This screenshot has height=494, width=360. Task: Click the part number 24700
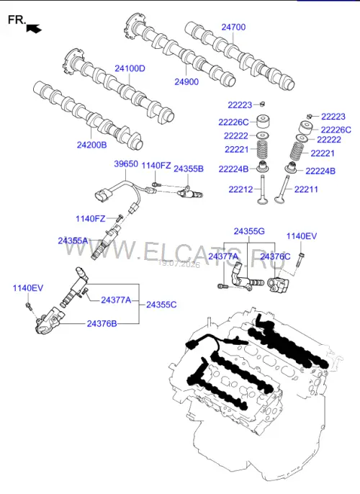[x=233, y=27]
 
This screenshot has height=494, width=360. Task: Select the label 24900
[x=186, y=82]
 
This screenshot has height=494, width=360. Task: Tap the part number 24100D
[x=130, y=68]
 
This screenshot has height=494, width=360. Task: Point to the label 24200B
[x=92, y=145]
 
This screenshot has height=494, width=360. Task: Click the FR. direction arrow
[x=34, y=28]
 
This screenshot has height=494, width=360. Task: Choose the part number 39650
[x=126, y=164]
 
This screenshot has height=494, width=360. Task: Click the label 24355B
[x=189, y=169]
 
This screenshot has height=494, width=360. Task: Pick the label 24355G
[x=249, y=232]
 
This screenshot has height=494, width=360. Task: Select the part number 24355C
[x=161, y=305]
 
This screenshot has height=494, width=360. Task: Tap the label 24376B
[x=102, y=324]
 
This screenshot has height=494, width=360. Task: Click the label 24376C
[x=275, y=257]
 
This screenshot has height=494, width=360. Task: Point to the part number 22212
[x=241, y=189]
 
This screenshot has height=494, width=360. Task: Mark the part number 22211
[x=306, y=189]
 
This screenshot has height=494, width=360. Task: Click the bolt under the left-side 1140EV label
[x=29, y=305]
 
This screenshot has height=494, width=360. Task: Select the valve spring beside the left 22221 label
[x=263, y=149]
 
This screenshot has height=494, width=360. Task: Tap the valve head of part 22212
[x=262, y=201]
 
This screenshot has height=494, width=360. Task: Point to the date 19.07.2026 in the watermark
[x=179, y=264]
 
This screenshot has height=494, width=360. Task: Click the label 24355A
[x=73, y=241]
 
